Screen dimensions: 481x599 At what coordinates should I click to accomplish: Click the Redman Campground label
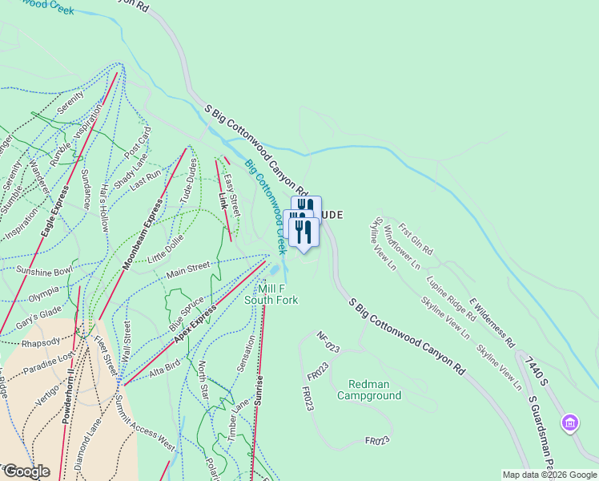pos(368,390)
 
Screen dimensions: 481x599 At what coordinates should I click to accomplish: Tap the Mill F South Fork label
pos(271,294)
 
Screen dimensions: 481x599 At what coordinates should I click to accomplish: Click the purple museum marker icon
pos(570,422)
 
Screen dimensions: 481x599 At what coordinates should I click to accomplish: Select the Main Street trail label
pos(187,270)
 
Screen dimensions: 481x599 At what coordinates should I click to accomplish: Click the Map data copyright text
pos(549,475)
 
